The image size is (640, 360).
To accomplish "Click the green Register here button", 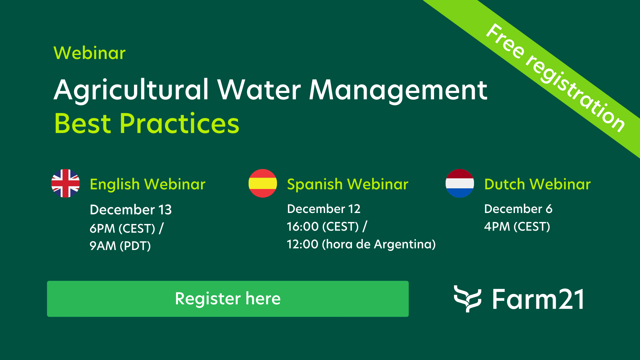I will point(228,299).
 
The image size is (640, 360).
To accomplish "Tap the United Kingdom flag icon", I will point(65,183).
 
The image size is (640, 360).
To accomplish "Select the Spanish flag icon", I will point(263,183).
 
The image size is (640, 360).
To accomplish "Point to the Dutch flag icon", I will point(460,183).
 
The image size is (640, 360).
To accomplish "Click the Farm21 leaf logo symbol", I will point(467,299).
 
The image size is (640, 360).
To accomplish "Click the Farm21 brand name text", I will point(538,299).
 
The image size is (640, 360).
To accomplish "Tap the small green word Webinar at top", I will point(89,53).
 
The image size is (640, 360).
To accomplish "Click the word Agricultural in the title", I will point(131,90).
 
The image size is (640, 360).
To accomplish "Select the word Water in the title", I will point(259,90).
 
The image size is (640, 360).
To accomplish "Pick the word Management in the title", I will point(398,90).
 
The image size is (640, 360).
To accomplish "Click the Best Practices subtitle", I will point(147,124).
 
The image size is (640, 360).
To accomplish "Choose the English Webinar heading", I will point(148,184).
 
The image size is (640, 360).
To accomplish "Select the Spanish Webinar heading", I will point(348,184).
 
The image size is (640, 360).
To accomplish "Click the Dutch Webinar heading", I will point(537,184).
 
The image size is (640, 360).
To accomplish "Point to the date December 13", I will point(131,210).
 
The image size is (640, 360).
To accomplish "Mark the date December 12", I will point(324,209).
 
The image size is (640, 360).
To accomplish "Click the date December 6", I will point(518,209).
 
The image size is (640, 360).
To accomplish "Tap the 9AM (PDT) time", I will point(120,246).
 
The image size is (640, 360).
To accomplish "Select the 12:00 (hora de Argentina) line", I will point(361,244).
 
